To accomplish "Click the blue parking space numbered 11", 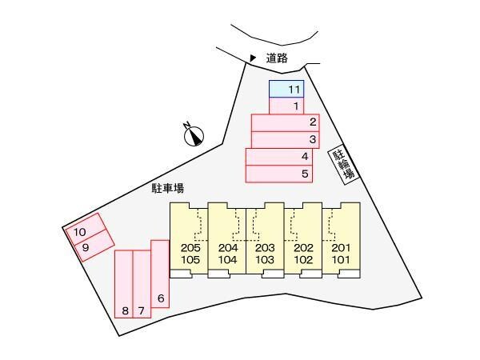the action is (x=286, y=89).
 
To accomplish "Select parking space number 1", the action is (x=286, y=106).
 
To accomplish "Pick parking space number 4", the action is (x=279, y=156).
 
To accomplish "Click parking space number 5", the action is (x=279, y=174).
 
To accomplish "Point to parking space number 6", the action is (x=160, y=278).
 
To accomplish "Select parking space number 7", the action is (x=142, y=284).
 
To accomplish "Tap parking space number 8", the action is (x=123, y=284).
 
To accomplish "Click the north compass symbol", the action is (x=194, y=136).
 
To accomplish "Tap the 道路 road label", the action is (x=277, y=58).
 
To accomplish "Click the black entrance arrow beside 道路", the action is (x=253, y=58).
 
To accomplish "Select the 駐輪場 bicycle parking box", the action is (x=345, y=165).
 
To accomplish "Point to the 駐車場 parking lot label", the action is (x=168, y=189).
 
